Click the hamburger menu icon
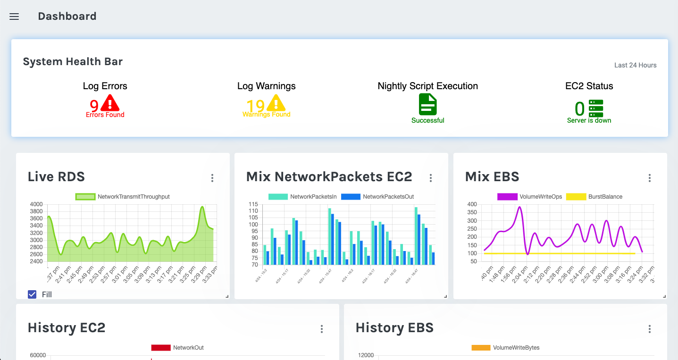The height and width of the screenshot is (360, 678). [x=14, y=17]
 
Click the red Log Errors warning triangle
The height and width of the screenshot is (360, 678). [x=110, y=103]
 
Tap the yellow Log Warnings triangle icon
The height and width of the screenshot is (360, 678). [x=276, y=103]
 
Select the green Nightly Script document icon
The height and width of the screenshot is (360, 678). [x=428, y=104]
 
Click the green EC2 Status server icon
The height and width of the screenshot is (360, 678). [x=596, y=109]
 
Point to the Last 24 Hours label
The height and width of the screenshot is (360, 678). [x=635, y=65]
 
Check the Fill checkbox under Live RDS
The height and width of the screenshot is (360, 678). [x=32, y=294]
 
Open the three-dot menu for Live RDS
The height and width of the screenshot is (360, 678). [x=212, y=178]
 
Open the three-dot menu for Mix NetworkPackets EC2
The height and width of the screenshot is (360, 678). [x=431, y=178]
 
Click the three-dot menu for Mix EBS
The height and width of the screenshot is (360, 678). [x=650, y=178]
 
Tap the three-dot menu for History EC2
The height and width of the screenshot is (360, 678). [x=322, y=329]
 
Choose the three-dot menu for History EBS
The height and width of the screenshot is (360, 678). [x=650, y=329]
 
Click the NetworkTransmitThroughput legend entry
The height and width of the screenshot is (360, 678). [x=123, y=197]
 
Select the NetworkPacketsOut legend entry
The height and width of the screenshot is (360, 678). [x=377, y=197]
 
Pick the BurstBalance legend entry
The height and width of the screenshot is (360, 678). [x=594, y=197]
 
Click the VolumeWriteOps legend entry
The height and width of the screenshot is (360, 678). [x=530, y=197]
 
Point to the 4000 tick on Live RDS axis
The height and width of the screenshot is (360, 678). [x=36, y=204]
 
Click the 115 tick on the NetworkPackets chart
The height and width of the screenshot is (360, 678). [x=253, y=204]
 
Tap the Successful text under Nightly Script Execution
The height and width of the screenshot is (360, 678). [x=428, y=120]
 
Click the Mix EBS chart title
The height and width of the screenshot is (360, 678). [x=492, y=177]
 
